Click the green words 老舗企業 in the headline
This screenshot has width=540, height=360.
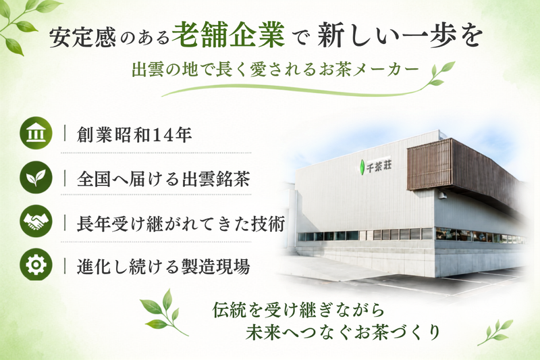[x=228, y=35]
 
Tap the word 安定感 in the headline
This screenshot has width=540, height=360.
[x=82, y=37]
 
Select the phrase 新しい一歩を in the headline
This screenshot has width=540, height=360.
[x=399, y=36]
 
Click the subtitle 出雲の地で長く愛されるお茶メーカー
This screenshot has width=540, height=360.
[x=275, y=70]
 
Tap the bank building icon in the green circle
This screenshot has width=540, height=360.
[x=36, y=133]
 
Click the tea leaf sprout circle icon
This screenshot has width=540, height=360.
[x=36, y=177]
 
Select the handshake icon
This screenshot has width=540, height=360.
[x=36, y=221]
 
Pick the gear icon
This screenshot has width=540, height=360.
[x=36, y=265]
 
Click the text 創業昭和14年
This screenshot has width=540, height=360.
[x=134, y=134]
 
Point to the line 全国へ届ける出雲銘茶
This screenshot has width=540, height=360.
[x=163, y=179]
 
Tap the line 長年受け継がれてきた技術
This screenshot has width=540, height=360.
[x=181, y=224]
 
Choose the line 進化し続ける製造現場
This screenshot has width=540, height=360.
[x=163, y=266]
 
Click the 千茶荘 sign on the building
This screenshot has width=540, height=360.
[x=379, y=167]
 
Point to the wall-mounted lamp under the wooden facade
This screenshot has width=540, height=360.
[x=443, y=195]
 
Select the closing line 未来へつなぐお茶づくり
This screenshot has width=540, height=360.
[x=343, y=332]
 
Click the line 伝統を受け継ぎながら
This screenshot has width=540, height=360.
[x=298, y=310]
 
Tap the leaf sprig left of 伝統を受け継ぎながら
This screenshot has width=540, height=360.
[x=163, y=313]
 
